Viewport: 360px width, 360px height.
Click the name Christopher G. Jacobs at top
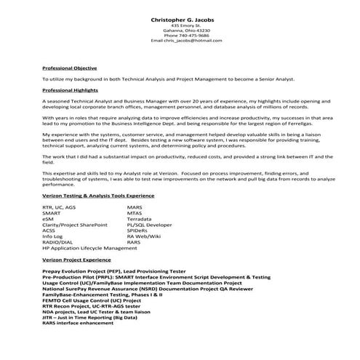click(x=180, y=18)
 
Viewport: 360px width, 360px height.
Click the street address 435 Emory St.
click(x=180, y=25)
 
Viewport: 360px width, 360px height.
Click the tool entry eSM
click(x=48, y=218)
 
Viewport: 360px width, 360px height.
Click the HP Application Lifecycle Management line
click(x=89, y=248)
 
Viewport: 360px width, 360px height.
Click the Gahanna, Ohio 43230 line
click(x=180, y=30)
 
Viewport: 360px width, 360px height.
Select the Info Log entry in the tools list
click(x=53, y=236)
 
